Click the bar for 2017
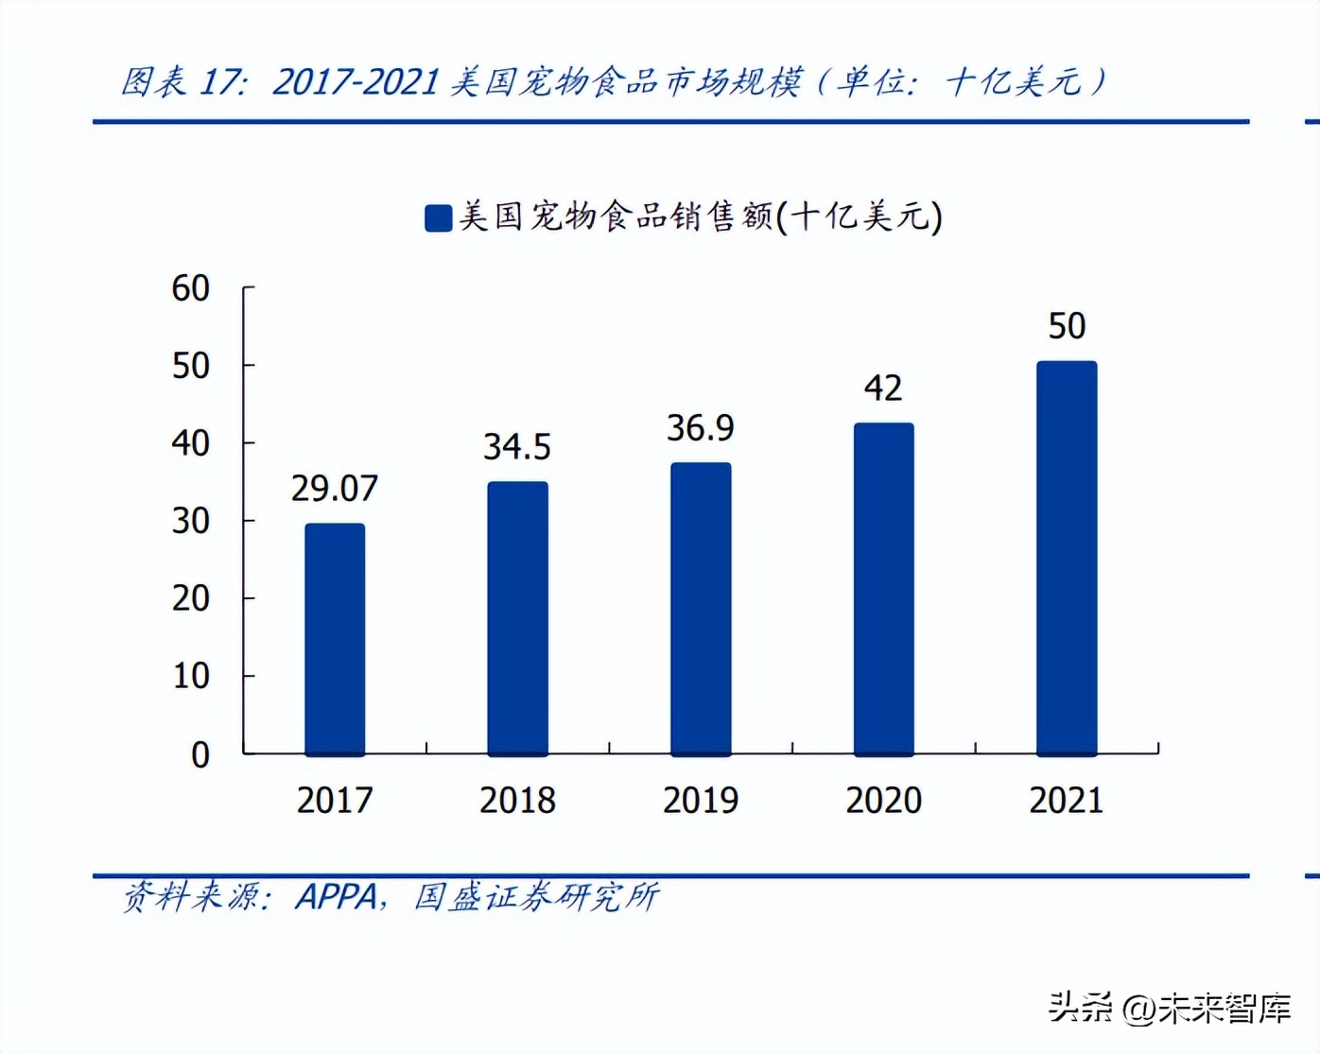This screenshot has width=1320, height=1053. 335,639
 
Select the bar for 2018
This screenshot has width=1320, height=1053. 517,618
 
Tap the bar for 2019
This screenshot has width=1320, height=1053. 701,609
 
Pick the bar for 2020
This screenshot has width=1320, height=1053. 883,589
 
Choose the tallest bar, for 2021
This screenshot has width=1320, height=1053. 1067,558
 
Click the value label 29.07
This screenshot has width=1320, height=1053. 334,489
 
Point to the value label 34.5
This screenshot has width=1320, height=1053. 516,447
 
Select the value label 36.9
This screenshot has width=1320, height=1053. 700,428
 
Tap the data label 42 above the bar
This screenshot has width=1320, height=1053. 883,388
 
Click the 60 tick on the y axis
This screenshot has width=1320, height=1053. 190,288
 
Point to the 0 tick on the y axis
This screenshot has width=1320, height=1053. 200,754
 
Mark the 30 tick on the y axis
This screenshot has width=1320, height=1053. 190,521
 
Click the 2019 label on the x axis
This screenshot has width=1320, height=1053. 701,801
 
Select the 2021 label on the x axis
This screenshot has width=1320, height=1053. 1067,801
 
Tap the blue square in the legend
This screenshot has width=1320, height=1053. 438,217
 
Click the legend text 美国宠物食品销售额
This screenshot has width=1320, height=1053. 616,216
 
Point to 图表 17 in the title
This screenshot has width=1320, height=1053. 182,82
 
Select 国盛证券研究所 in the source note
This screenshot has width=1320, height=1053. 536,896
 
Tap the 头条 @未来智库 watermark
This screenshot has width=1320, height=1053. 1170,1009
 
